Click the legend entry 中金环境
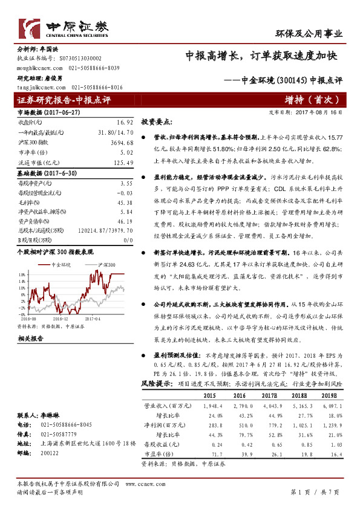[x=61, y=264]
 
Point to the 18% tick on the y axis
[x=22, y=273]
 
